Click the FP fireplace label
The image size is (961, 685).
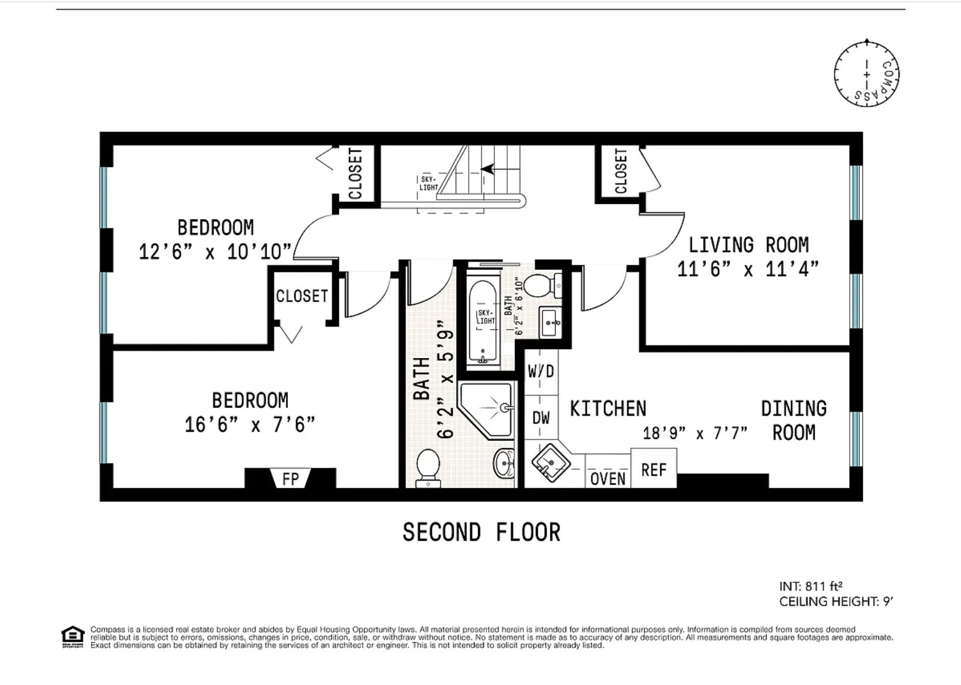pos(290,478)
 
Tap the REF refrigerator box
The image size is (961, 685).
pos(654,468)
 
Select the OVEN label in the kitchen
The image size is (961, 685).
pos(608,479)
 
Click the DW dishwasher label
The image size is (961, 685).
pos(541,417)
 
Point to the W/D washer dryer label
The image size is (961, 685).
pos(541,371)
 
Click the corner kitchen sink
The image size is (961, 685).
pos(551,463)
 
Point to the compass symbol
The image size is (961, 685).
pos(866,73)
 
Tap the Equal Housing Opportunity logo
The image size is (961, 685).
pos(73,637)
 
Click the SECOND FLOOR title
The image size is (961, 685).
pos(481,532)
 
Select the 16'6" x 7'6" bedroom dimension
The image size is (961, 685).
pos(250,425)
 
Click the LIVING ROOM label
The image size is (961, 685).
pos(749,245)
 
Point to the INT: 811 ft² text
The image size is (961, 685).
pos(811,586)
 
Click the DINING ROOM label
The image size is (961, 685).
pos(794,420)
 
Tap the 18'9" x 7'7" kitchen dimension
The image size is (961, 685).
pos(695,433)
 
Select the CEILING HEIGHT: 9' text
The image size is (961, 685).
pos(836,601)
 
